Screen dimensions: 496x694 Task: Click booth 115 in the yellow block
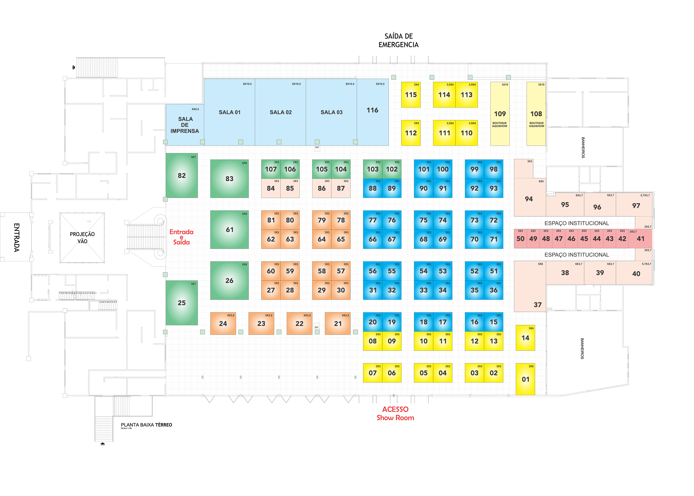[x=411, y=95]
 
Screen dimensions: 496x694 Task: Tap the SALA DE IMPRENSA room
[x=185, y=125]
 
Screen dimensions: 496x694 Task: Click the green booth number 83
[x=229, y=179]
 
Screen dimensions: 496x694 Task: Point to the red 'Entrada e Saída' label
[x=181, y=237]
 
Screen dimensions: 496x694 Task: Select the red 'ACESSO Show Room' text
[x=395, y=414]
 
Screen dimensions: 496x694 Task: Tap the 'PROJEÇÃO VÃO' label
[x=82, y=238]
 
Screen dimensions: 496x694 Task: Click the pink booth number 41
[x=641, y=239]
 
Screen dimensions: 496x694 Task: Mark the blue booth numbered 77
[x=372, y=220]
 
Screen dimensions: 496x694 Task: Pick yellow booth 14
[x=525, y=338]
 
